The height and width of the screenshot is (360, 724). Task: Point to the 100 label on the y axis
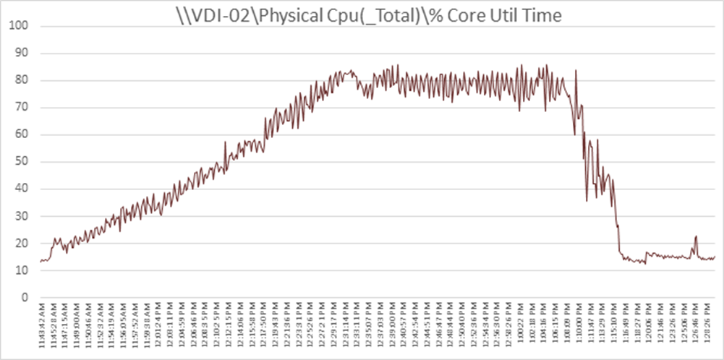pyautogui.click(x=21, y=26)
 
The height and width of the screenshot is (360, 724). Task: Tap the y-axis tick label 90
pyautogui.click(x=22, y=53)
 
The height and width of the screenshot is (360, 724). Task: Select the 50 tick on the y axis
pyautogui.click(x=22, y=161)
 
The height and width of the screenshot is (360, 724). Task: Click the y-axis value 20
pyautogui.click(x=22, y=243)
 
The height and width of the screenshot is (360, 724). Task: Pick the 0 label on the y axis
pyautogui.click(x=25, y=297)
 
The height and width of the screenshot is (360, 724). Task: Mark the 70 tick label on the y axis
pyautogui.click(x=22, y=107)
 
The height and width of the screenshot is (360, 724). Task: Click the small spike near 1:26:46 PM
pyautogui.click(x=696, y=236)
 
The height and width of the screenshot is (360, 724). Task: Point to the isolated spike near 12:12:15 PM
pyautogui.click(x=225, y=142)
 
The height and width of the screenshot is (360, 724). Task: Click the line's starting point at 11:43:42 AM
pyautogui.click(x=41, y=260)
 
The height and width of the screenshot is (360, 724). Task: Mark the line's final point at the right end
pyautogui.click(x=715, y=257)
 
